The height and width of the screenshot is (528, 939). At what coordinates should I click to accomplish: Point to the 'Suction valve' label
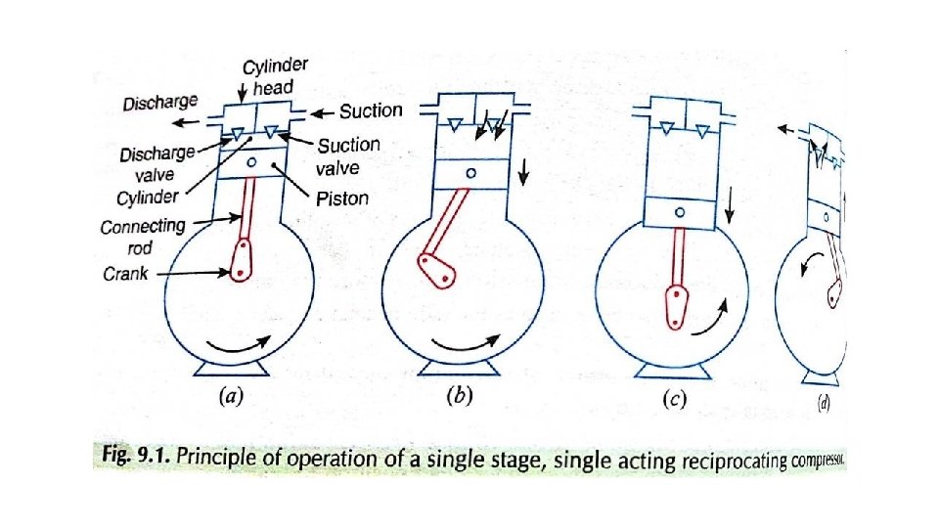pos(349,154)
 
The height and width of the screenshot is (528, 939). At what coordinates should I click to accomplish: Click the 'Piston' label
pos(341,198)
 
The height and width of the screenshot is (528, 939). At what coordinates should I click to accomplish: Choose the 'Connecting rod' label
pos(142,234)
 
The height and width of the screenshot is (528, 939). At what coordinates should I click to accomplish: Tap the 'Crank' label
pos(125,274)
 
